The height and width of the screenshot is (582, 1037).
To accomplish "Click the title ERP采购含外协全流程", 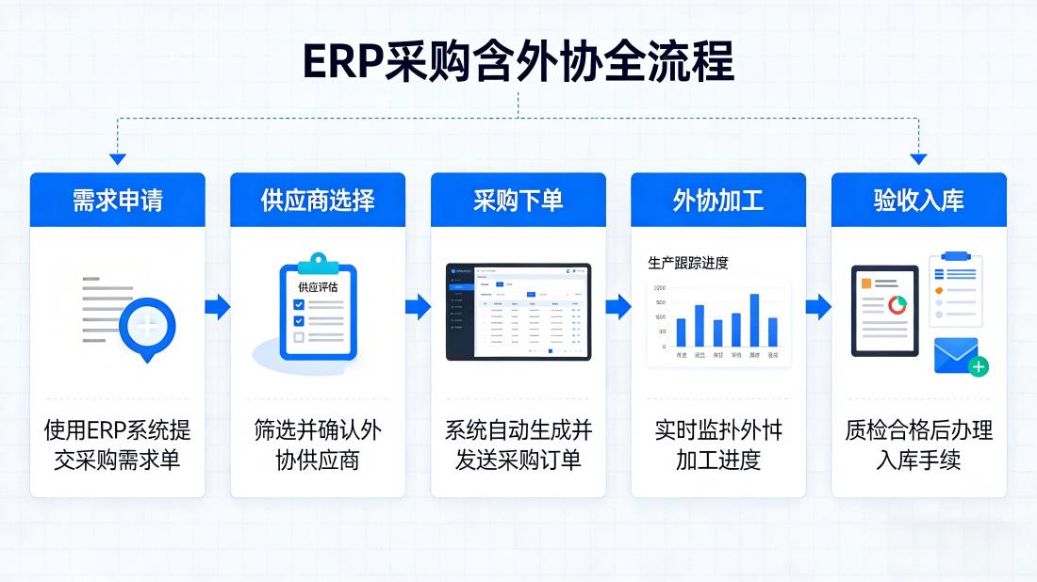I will coord(518,62).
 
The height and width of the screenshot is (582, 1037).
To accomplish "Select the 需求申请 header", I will coord(117,200).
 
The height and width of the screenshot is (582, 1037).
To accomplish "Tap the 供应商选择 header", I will coord(318,200).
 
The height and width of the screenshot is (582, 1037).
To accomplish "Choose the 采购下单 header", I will coord(518,200).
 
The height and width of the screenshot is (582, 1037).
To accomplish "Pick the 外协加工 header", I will coord(718,200).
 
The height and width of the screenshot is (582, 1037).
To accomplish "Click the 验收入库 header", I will coord(918,200).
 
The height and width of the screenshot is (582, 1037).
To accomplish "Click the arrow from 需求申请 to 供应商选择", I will coord(218,306).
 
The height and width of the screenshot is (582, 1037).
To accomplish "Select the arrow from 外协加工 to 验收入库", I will coord(818,306).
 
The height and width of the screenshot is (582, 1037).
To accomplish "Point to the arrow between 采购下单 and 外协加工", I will coord(618,306).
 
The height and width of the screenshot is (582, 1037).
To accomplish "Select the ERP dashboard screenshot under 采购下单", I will coord(518,312).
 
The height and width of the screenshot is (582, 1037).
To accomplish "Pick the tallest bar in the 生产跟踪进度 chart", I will coord(754,320).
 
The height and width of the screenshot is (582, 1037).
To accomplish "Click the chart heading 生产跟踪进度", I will coord(688,263).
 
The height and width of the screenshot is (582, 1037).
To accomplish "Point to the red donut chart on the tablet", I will coord(897,305).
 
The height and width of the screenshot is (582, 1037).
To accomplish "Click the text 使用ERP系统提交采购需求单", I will coord(117,445).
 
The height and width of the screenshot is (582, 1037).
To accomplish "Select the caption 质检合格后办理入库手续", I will coord(918,445).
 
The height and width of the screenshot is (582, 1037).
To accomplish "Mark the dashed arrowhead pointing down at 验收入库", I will coord(918,159).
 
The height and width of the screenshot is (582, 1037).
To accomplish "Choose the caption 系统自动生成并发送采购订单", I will coord(518,445).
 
